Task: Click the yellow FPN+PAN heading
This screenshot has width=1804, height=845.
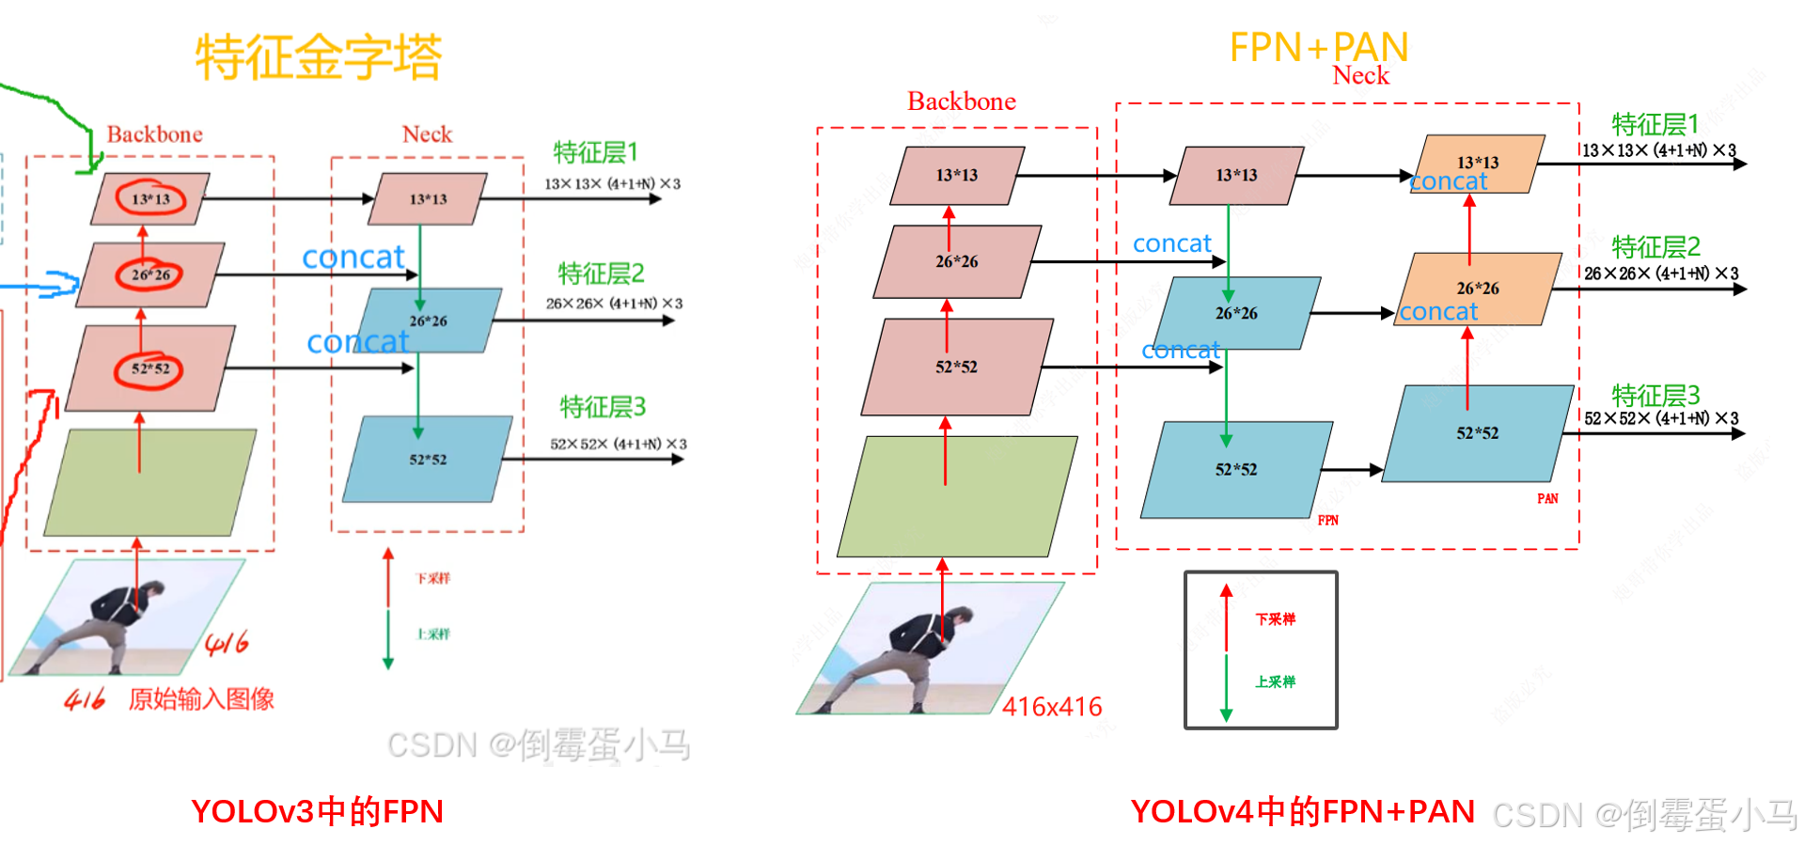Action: [1318, 47]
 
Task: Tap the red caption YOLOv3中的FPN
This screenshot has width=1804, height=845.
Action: [317, 811]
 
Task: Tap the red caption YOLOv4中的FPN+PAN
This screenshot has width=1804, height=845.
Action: [1302, 811]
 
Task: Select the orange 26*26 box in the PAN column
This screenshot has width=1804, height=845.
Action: [1479, 288]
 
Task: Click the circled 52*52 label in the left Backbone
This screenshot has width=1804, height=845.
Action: [149, 368]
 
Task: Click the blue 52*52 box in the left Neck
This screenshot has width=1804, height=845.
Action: [428, 459]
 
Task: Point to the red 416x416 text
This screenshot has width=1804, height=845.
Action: [1052, 707]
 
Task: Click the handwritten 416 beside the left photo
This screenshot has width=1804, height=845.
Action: [227, 643]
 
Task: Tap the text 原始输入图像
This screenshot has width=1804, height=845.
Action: [201, 699]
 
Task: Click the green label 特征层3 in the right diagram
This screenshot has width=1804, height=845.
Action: [1655, 395]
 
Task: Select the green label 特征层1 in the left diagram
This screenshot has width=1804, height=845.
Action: [595, 152]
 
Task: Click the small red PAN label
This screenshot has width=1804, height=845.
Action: [1547, 499]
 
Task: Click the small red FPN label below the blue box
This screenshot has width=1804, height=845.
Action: [1327, 521]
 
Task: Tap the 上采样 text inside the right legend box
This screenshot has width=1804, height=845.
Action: [1275, 681]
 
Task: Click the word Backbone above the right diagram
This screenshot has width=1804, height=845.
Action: [961, 102]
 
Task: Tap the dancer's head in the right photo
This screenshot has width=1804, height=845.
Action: [957, 618]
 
